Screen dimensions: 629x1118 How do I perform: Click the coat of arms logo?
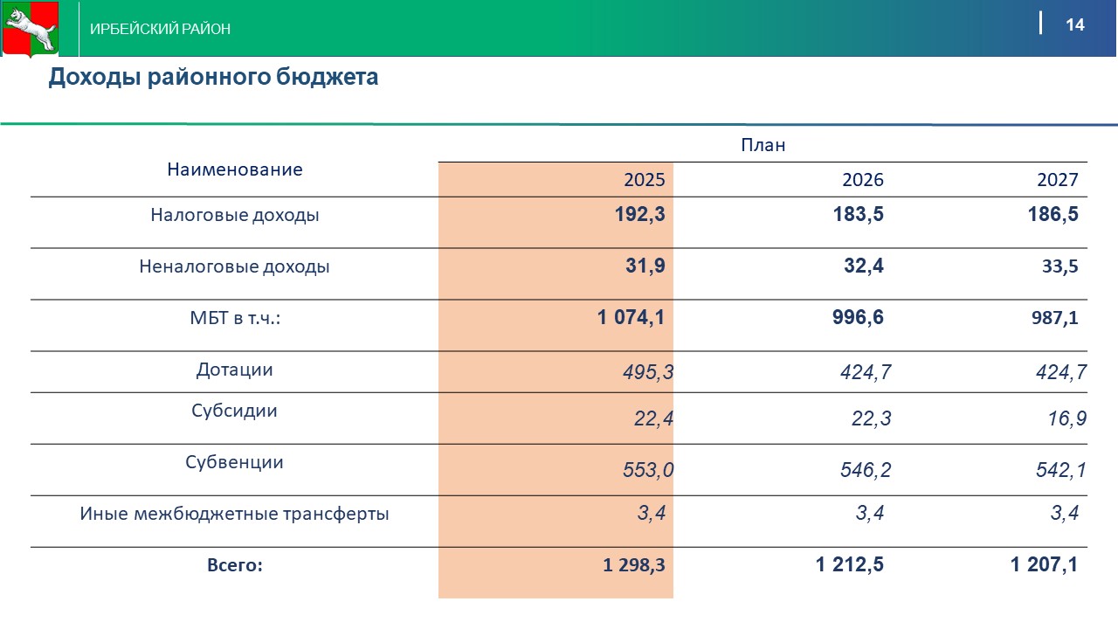pyautogui.click(x=29, y=29)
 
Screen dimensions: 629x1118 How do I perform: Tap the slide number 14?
pyautogui.click(x=1074, y=24)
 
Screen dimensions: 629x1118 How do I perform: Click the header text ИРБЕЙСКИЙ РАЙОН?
pyautogui.click(x=161, y=29)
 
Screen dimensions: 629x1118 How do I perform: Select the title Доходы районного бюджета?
pyautogui.click(x=213, y=77)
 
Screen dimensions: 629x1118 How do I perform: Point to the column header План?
pyautogui.click(x=763, y=145)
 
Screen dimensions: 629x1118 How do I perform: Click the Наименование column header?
pyautogui.click(x=234, y=169)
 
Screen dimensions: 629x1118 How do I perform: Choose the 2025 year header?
pyautogui.click(x=644, y=180)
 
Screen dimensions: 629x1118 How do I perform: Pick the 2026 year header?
pyautogui.click(x=862, y=180)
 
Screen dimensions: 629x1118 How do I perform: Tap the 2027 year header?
pyautogui.click(x=1057, y=180)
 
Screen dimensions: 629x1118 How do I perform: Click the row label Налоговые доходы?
pyautogui.click(x=234, y=215)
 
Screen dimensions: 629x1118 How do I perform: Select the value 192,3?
pyautogui.click(x=639, y=215)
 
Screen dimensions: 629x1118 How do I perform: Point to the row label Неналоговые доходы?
pyautogui.click(x=234, y=266)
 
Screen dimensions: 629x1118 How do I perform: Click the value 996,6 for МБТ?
pyautogui.click(x=858, y=317)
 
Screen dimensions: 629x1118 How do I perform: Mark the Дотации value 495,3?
pyautogui.click(x=648, y=373)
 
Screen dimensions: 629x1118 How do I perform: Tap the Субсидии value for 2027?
pyautogui.click(x=1067, y=419)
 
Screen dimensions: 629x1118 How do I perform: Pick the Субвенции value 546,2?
pyautogui.click(x=866, y=471)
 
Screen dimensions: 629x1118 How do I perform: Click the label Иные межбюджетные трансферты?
pyautogui.click(x=234, y=514)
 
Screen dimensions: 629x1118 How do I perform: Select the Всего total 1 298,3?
pyautogui.click(x=633, y=565)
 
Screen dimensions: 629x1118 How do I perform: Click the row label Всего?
pyautogui.click(x=234, y=565)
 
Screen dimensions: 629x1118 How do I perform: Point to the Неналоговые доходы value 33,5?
pyautogui.click(x=1059, y=267)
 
